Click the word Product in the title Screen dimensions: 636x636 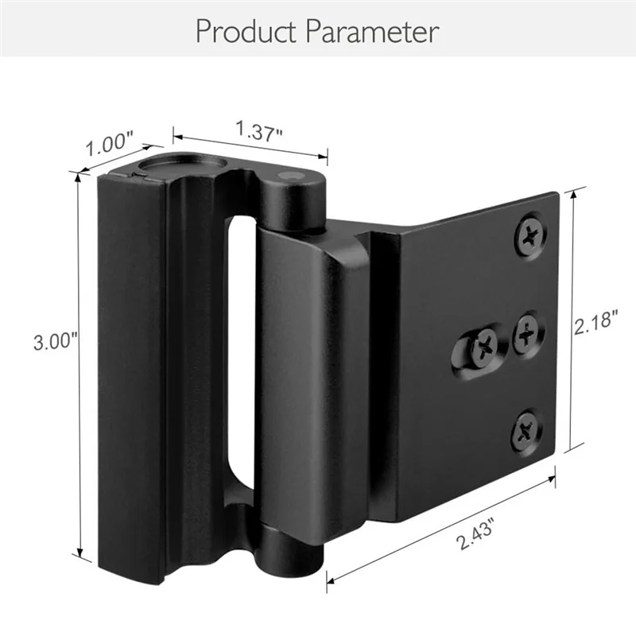click(247, 32)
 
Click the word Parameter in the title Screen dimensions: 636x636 click(370, 32)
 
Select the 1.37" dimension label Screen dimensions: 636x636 click(258, 130)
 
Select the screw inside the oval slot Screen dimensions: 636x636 click(484, 343)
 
